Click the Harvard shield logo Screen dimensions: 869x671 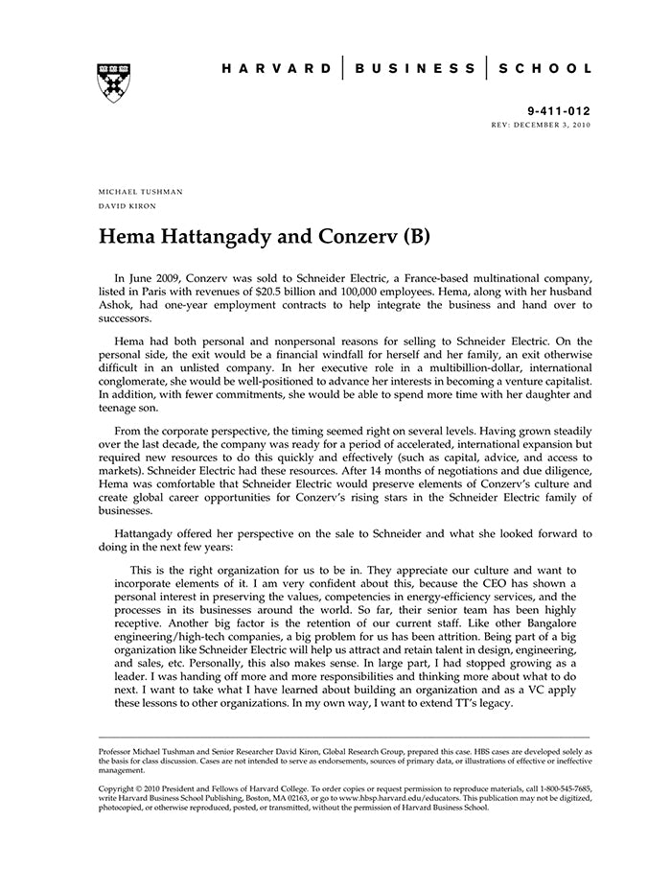coord(114,82)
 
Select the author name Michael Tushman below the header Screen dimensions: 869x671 coord(140,192)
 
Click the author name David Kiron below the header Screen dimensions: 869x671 coord(127,206)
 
